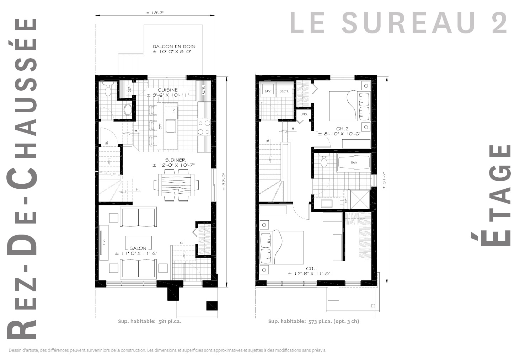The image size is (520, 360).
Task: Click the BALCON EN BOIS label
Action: point(174,47)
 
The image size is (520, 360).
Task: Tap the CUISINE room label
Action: point(168,90)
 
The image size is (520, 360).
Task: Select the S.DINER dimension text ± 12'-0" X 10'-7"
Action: point(174,165)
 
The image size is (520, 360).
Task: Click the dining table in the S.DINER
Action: point(176,184)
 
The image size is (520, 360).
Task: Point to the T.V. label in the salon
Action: point(104,243)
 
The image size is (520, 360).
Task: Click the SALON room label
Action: point(138,248)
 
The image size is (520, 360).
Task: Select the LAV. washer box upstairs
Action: point(268,91)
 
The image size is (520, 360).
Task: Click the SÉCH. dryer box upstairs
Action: point(284,91)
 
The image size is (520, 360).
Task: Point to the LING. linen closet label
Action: point(304,114)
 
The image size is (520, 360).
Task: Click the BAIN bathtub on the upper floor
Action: point(354,163)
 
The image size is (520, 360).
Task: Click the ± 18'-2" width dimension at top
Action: point(155,13)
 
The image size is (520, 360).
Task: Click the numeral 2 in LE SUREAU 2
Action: point(500,23)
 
